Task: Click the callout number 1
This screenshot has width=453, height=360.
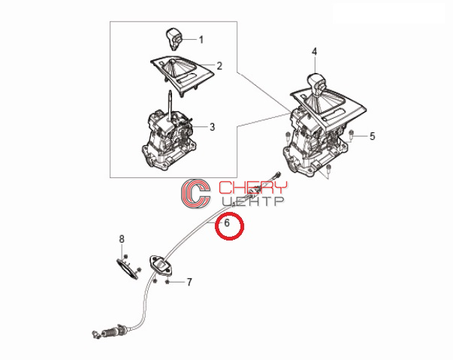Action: coord(201,40)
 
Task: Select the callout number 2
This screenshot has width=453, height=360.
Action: coord(219,66)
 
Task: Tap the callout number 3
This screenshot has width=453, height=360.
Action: coord(213,127)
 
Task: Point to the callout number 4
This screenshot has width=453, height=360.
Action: coord(314,52)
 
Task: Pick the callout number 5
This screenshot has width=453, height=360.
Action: coord(372,136)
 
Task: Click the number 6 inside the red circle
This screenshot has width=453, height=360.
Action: coord(227,222)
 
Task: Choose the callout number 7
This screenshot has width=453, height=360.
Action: coord(189,282)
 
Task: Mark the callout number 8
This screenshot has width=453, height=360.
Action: coord(122,239)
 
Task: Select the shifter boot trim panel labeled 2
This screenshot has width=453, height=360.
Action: coord(183,75)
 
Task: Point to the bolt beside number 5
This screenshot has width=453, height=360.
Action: coord(351,135)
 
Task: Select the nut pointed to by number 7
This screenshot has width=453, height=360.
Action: coord(167,282)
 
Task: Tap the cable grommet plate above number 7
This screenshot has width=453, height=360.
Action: coord(161,265)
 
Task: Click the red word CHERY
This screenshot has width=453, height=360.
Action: coord(253,187)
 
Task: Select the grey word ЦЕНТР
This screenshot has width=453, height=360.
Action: coord(254,201)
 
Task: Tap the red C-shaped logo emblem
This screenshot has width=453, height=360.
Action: coord(195,192)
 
